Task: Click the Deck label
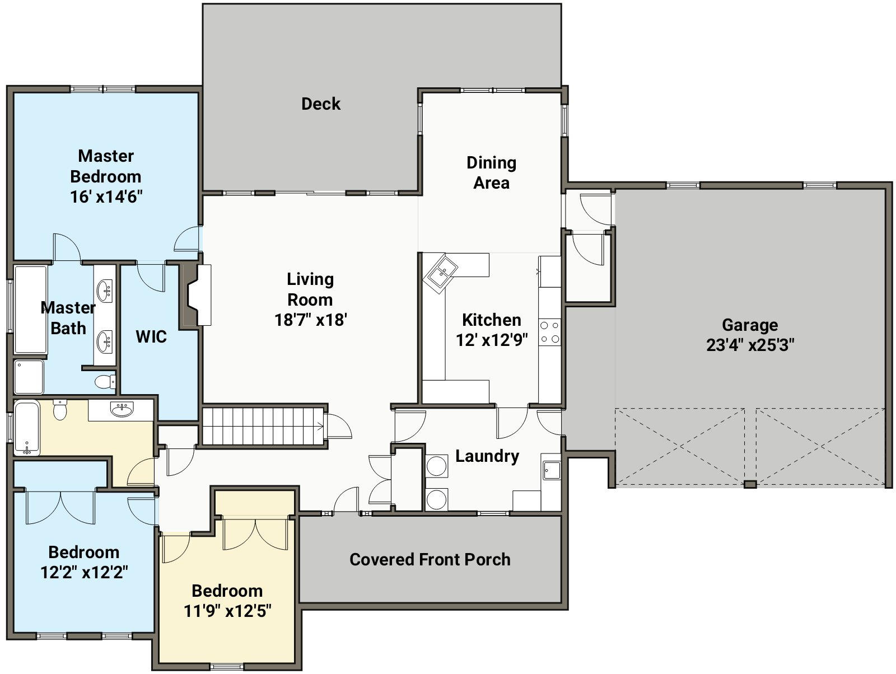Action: pos(320,104)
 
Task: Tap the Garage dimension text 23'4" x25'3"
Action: pos(750,345)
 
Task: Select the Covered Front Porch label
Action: pos(430,559)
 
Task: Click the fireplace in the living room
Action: pos(197,295)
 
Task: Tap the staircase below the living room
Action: pos(263,427)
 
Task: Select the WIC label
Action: pos(151,336)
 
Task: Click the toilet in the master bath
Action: pos(105,382)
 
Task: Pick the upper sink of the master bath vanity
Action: pos(105,291)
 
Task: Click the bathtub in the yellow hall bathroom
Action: pos(27,428)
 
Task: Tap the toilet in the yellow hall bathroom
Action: pos(60,410)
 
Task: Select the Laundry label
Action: pos(487,456)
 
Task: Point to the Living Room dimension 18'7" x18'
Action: pos(311,320)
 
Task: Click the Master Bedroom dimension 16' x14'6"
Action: pos(106,196)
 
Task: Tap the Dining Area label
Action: pos(492,172)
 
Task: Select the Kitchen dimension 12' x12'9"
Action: pos(492,340)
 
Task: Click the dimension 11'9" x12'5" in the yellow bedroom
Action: pos(227,611)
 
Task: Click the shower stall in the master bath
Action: pos(29,377)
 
